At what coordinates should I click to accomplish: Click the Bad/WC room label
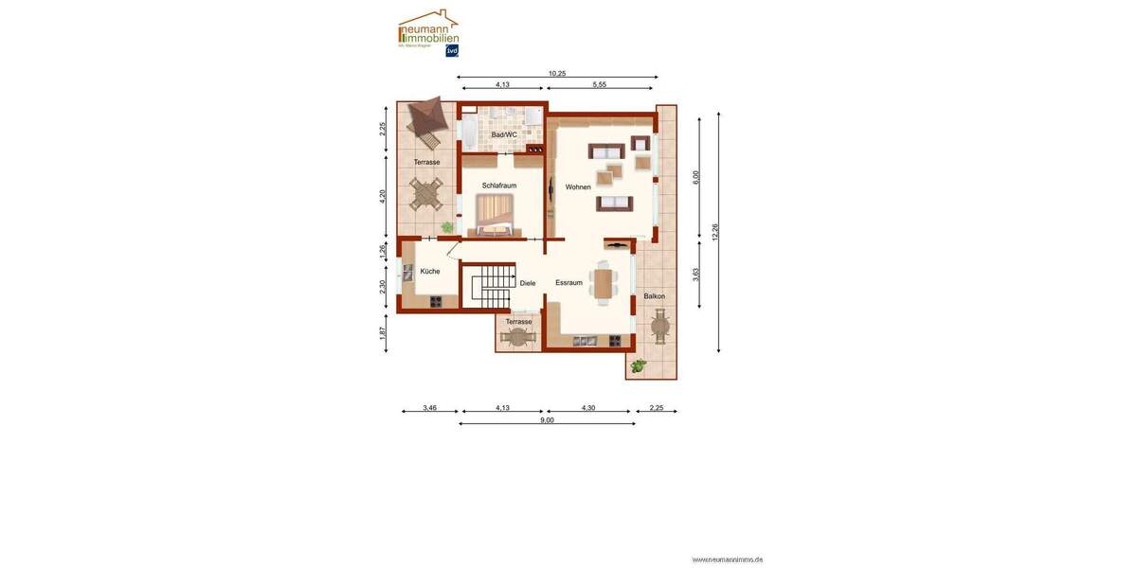pos(504,135)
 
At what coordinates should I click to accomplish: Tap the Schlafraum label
pos(498,186)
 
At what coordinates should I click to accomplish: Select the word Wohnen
pos(578,187)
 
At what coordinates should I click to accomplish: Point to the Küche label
pos(429,272)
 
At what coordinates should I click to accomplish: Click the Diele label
pos(528,283)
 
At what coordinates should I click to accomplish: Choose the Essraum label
pos(568,283)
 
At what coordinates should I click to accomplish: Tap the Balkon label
pos(654,296)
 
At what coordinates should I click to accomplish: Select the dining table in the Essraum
pos(604,283)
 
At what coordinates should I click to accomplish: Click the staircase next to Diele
pos(492,285)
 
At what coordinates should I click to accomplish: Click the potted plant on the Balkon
pos(640,364)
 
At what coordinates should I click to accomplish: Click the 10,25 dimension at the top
pos(557,72)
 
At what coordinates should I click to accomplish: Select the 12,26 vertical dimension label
pos(714,232)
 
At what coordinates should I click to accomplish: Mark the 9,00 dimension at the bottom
pos(547,419)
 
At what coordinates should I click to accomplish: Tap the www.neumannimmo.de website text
pos(728,559)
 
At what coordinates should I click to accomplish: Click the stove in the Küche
pos(436,302)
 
